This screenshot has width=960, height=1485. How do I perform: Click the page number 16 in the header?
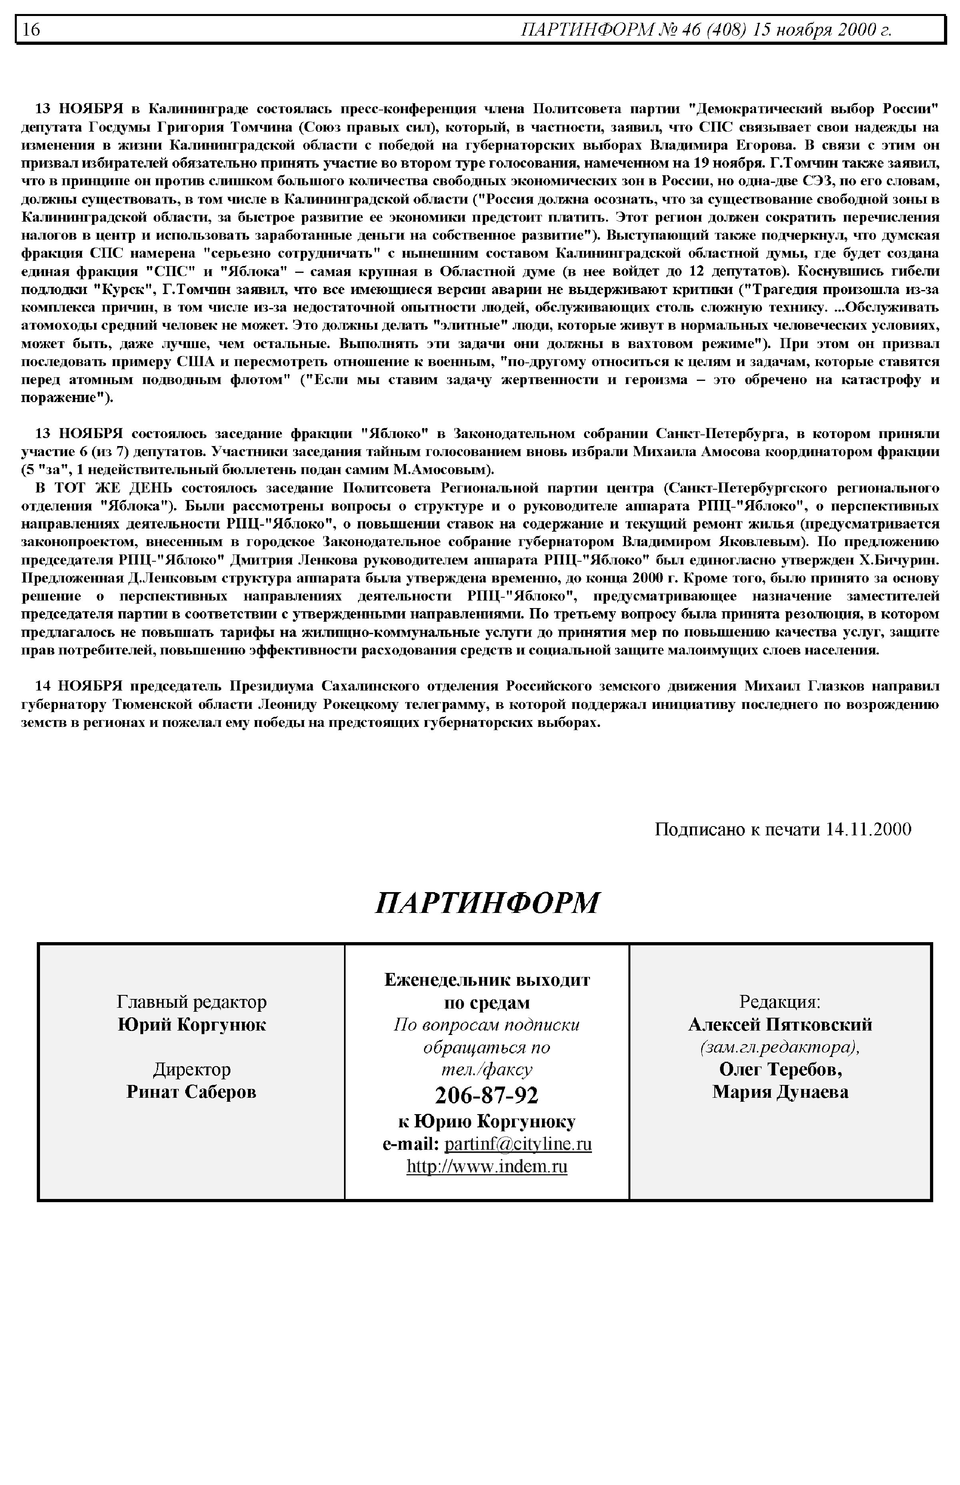[x=31, y=29]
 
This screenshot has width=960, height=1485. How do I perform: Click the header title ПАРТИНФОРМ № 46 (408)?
[x=633, y=29]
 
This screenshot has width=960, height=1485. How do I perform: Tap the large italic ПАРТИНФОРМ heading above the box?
[x=487, y=903]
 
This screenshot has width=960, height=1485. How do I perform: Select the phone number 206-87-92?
[x=486, y=1095]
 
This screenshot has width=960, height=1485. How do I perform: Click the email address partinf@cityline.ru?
[x=518, y=1144]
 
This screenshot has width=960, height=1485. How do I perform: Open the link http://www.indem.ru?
[x=487, y=1167]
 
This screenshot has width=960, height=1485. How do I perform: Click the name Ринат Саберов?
[x=191, y=1092]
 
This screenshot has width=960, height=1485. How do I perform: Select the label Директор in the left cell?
[x=191, y=1070]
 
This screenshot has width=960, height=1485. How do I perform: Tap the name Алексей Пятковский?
[x=780, y=1025]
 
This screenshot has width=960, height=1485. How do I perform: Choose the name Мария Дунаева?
[x=780, y=1092]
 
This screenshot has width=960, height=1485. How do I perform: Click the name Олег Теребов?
[x=780, y=1070]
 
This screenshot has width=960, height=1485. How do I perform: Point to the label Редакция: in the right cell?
[x=780, y=1002]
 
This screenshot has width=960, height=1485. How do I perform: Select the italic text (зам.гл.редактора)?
[x=780, y=1047]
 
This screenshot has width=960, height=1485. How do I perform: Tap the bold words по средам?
[x=487, y=1003]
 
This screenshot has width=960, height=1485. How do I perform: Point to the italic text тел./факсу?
[x=487, y=1070]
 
